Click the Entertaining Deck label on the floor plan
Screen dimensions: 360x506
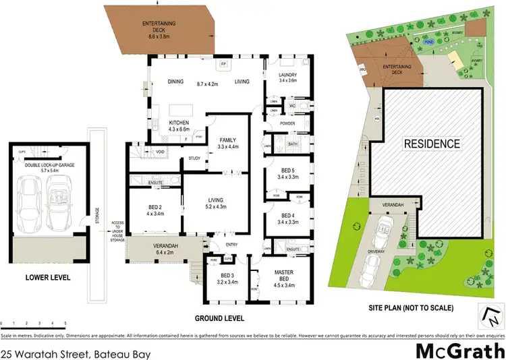pos(159,28)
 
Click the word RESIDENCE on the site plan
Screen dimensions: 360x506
pos(431,144)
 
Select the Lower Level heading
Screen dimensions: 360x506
pos(47,276)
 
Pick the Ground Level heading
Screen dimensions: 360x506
pos(221,318)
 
